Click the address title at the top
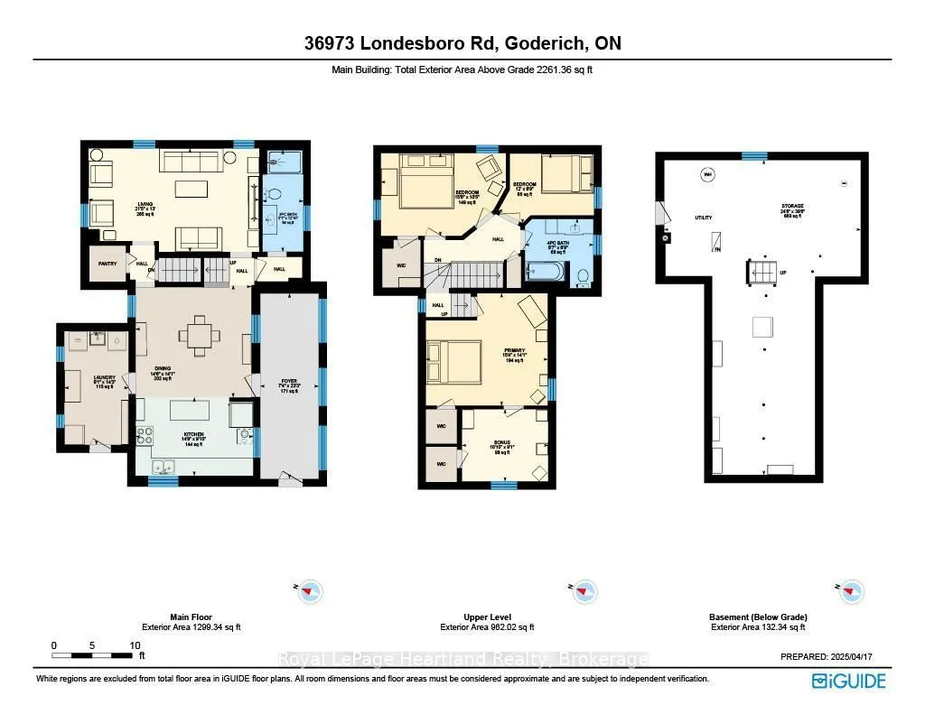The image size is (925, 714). [x=462, y=43]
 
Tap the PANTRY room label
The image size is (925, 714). [x=105, y=264]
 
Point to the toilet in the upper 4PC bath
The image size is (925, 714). [x=584, y=275]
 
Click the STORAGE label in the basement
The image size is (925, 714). [x=792, y=207]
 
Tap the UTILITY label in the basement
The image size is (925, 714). [x=704, y=218]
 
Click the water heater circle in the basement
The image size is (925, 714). [x=707, y=174]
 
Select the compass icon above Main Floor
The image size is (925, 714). [x=310, y=591]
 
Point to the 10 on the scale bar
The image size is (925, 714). [x=135, y=645]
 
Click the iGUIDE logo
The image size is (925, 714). [x=848, y=680]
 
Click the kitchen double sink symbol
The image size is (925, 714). [x=164, y=467]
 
